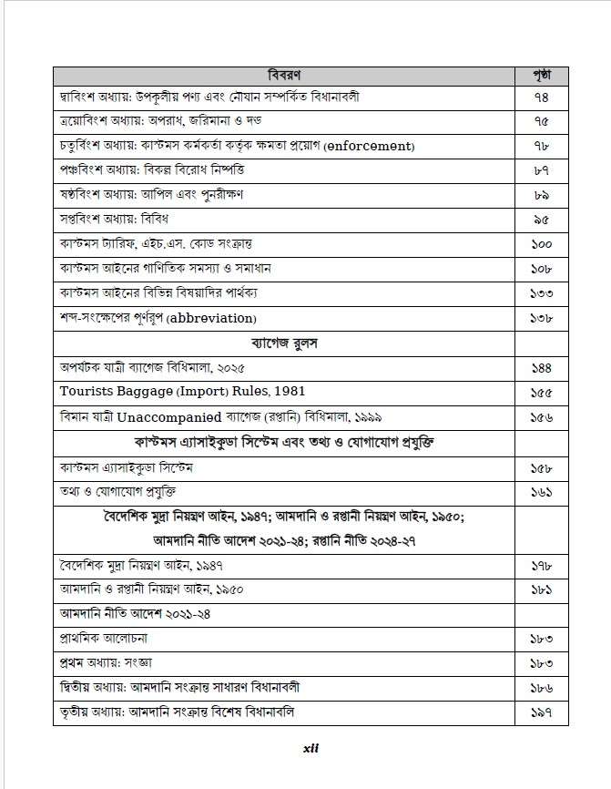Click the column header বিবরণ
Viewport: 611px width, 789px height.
coord(284,72)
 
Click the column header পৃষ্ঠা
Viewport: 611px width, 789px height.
coord(541,72)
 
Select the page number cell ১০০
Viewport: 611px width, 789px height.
coord(541,245)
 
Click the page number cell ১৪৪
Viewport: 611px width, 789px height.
coord(541,368)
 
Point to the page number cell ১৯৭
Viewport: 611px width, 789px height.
coord(541,712)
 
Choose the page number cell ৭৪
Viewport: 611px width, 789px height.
coord(541,97)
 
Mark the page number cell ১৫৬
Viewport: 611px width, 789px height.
coord(541,417)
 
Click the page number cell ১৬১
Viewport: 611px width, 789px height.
coord(541,491)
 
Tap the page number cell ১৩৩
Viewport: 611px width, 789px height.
coord(541,294)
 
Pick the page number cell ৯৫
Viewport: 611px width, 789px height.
coord(541,220)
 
